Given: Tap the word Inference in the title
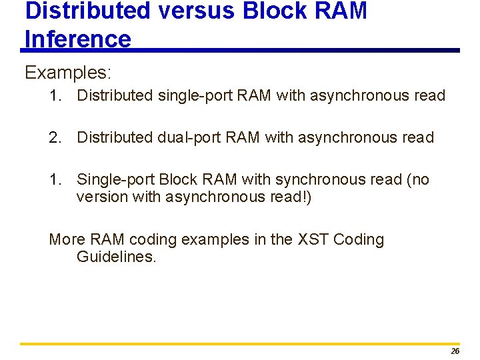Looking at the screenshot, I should (x=78, y=39).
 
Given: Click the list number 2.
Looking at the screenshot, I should (x=55, y=138).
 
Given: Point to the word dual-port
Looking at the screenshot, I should (x=189, y=138).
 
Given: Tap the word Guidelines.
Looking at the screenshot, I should (x=117, y=257).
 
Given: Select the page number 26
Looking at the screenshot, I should (x=455, y=351).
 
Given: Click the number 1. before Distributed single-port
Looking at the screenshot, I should (x=55, y=96).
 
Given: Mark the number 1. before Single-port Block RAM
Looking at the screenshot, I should (x=55, y=180).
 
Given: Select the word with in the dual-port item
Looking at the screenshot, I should (x=279, y=138).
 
